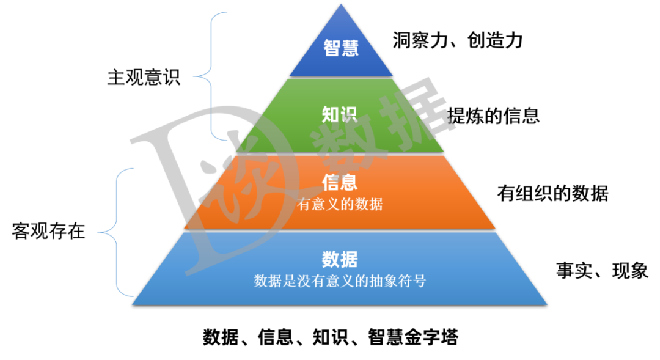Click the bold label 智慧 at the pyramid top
(341, 48)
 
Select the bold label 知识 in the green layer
(340, 114)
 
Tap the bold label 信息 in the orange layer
(340, 182)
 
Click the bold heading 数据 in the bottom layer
(340, 259)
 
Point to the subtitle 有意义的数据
(340, 204)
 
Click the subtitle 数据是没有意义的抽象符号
(340, 281)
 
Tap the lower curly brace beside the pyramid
(117, 232)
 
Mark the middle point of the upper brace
(195, 76)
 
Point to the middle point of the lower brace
(100, 232)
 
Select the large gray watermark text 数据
(379, 131)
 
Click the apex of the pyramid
(341, 4)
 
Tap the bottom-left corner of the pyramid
(133, 304)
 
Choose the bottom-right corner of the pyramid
(547, 304)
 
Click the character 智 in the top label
(332, 48)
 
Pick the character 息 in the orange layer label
(349, 182)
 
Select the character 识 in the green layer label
(350, 114)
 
